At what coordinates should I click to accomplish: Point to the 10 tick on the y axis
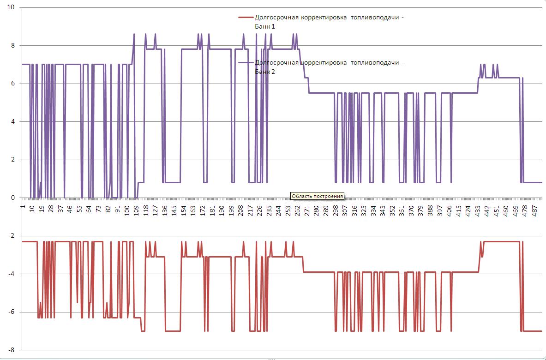(12, 8)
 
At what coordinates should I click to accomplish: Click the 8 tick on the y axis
(13, 46)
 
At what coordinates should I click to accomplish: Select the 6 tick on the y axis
(13, 84)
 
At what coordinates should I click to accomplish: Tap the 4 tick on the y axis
(13, 122)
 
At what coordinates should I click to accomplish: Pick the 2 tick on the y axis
(13, 160)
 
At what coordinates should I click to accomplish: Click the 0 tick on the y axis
(13, 198)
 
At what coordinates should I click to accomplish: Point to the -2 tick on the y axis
(12, 236)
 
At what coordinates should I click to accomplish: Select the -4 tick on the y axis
(12, 274)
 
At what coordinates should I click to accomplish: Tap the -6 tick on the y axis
(12, 312)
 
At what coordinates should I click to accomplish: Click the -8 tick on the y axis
(12, 350)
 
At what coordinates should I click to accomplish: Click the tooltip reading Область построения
(318, 196)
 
